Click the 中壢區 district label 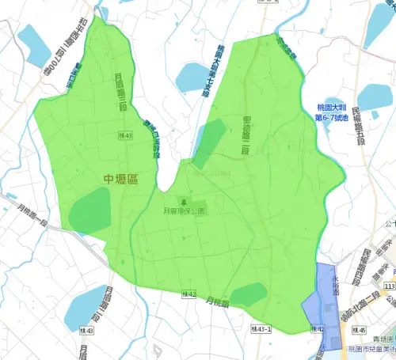tap(120, 180)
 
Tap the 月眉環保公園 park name tap(184, 212)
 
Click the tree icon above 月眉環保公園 tap(185, 202)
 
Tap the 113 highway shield tap(389, 285)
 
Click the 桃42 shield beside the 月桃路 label tap(187, 295)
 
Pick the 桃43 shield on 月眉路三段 tap(125, 136)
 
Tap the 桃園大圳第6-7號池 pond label tap(326, 112)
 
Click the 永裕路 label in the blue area tap(336, 286)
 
